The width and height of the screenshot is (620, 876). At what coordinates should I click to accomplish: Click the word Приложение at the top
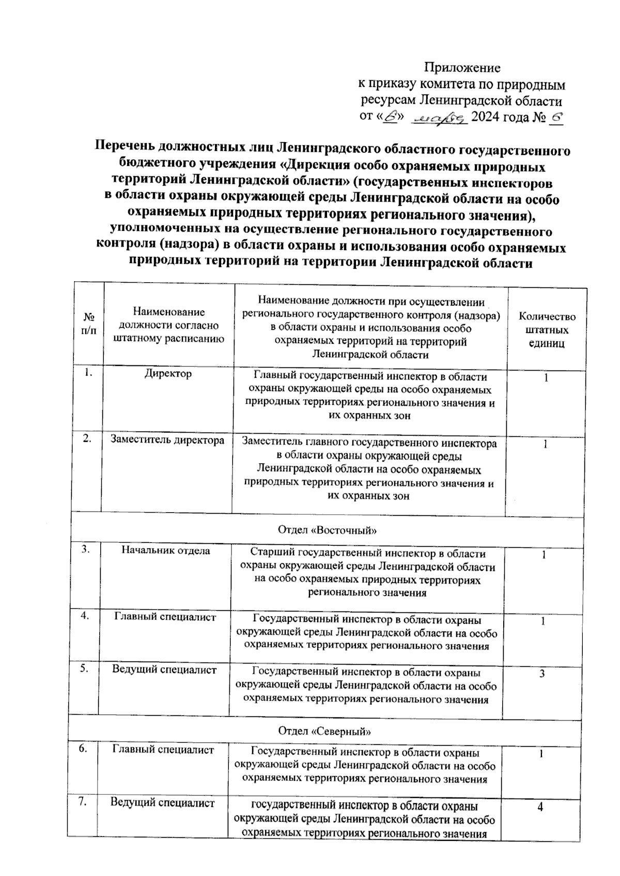point(462,68)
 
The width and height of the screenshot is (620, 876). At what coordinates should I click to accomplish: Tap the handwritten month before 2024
point(440,118)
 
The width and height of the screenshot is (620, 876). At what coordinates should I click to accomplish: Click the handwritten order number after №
point(556,117)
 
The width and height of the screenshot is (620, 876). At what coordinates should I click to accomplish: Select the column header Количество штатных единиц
point(547,330)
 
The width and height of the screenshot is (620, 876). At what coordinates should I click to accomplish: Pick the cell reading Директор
point(168,373)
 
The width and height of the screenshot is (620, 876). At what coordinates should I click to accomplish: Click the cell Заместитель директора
point(167,440)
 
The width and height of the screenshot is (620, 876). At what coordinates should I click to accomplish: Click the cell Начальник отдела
point(166,551)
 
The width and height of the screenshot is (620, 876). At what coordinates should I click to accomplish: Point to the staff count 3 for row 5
point(542,674)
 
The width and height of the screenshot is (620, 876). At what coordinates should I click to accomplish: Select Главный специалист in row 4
point(165,617)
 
